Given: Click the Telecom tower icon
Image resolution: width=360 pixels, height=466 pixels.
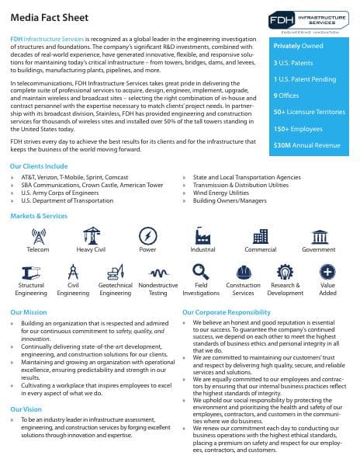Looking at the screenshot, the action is [x=38, y=236].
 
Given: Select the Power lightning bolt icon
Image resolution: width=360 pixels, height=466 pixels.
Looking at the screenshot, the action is [x=147, y=236].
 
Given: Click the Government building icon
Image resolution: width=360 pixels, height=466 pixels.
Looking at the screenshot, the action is [x=319, y=236].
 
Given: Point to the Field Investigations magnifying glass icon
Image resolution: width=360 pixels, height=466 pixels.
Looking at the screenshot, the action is [x=201, y=272].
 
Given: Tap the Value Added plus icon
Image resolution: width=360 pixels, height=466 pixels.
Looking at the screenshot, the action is [x=328, y=272].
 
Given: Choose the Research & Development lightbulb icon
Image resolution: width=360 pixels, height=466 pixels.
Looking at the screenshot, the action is [x=285, y=272].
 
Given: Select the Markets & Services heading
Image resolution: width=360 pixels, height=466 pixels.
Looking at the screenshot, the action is [x=40, y=215].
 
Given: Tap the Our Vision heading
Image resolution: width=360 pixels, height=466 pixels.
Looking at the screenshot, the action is [x=26, y=408].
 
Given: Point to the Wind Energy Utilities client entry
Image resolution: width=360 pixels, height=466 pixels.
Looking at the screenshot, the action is [x=228, y=193].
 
